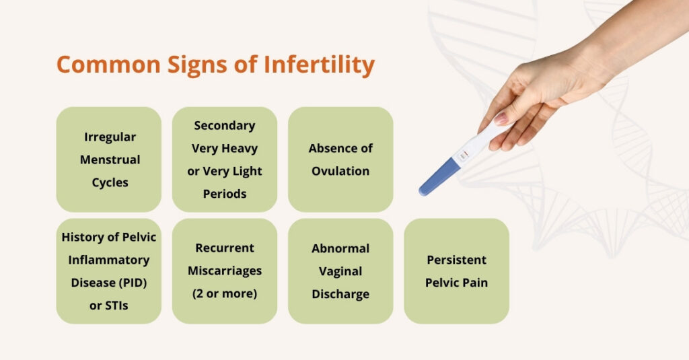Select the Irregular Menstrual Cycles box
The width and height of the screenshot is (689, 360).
click(x=109, y=159)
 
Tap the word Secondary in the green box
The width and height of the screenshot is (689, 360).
click(x=225, y=125)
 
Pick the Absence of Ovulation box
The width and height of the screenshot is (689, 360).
click(x=340, y=159)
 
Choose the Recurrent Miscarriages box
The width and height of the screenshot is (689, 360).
click(x=225, y=271)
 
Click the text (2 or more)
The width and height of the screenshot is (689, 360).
click(x=225, y=294)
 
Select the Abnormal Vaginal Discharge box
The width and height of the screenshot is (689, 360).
click(x=340, y=271)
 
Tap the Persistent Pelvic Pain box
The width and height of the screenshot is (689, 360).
click(x=456, y=271)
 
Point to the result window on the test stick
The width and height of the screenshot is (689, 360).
click(x=463, y=157)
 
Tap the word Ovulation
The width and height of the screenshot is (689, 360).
click(x=340, y=171)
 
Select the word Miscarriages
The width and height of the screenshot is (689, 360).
click(x=225, y=271)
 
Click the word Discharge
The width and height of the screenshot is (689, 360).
click(x=340, y=294)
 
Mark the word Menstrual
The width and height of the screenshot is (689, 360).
click(x=110, y=159)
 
